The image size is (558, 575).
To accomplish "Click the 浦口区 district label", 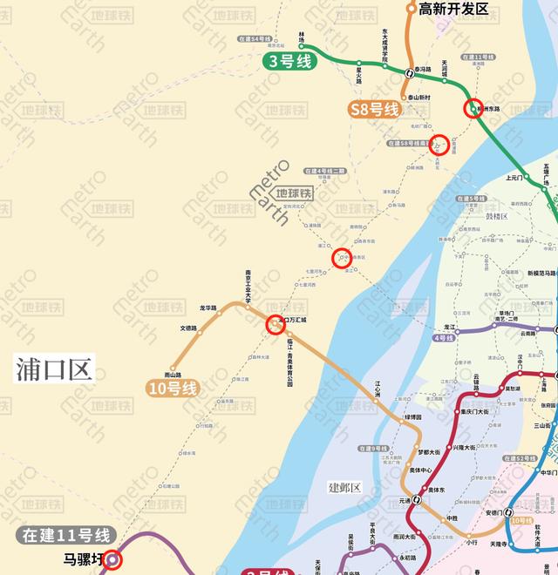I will coord(53,369).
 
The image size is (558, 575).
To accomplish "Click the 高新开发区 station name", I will coord(454,9).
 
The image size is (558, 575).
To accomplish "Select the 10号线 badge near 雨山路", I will coord(174,389).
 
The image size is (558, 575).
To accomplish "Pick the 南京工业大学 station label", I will coord(248,287).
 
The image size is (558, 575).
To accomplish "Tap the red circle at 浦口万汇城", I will coord(275,324).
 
